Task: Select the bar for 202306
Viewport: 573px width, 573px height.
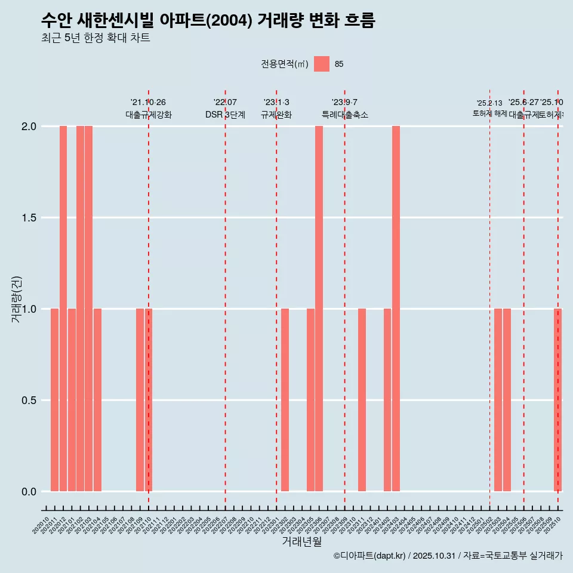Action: click(319, 309)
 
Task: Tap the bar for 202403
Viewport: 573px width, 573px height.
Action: click(396, 309)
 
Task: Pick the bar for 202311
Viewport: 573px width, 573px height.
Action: click(362, 400)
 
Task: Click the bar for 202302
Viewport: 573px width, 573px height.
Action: click(285, 400)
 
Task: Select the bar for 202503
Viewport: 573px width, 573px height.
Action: click(498, 400)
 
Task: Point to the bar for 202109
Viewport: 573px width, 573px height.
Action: click(140, 400)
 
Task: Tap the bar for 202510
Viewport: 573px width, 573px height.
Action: click(557, 400)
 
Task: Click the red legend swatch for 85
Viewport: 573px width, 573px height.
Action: click(322, 64)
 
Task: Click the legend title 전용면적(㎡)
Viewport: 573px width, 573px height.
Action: click(284, 64)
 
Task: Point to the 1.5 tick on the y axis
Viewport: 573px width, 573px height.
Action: click(29, 218)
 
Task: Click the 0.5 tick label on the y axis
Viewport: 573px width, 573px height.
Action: click(29, 401)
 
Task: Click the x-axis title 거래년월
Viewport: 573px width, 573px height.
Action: click(301, 541)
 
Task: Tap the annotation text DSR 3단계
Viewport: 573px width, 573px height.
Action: click(225, 115)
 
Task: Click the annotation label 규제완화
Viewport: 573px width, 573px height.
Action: click(276, 115)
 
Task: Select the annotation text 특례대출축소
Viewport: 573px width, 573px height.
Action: click(344, 115)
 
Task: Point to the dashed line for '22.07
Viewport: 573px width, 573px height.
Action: click(225, 298)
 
